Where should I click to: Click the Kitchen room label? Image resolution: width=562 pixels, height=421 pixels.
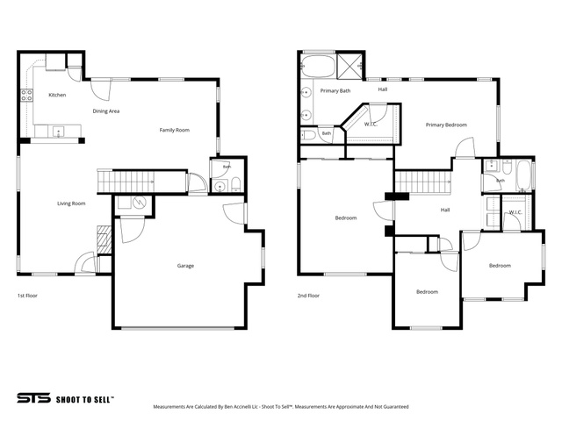click(57, 95)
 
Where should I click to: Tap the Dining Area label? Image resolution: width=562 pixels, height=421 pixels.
click(106, 111)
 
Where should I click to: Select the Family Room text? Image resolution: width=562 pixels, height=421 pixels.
click(175, 130)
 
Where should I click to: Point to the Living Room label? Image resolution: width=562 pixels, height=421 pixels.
click(71, 203)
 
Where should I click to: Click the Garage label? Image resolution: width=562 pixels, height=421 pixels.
click(185, 266)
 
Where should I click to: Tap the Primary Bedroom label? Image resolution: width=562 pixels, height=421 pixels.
click(446, 125)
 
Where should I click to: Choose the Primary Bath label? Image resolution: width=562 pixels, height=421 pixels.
click(335, 90)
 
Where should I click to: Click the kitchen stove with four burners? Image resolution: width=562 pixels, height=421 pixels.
click(26, 96)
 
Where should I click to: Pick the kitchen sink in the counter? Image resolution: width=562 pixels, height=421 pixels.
click(59, 132)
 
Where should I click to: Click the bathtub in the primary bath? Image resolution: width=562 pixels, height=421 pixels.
click(318, 67)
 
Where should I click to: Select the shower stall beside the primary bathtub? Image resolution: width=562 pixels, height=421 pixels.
click(349, 66)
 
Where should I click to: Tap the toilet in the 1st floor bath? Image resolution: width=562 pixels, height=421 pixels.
click(236, 184)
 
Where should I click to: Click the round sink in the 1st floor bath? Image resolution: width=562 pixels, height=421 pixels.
click(220, 186)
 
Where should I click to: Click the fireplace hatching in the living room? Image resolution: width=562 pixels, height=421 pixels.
click(104, 239)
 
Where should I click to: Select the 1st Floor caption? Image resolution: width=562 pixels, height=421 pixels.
click(27, 296)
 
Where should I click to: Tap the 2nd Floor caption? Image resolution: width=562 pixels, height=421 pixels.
click(308, 296)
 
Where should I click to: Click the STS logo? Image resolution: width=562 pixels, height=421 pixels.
click(34, 398)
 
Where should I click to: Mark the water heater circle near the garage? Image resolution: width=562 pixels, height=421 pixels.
click(139, 203)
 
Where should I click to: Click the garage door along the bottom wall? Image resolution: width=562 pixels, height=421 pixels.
click(178, 327)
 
